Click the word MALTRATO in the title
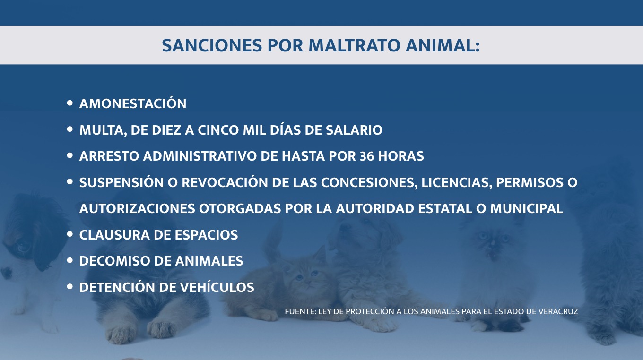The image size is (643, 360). [354, 45]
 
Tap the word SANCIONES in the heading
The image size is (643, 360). [212, 45]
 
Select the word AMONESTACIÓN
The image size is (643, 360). [133, 103]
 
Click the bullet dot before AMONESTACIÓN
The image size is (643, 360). [70, 103]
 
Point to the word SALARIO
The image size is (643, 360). [354, 130]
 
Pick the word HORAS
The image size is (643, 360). [401, 156]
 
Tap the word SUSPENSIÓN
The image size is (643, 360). [122, 182]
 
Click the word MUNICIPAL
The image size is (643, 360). [527, 208]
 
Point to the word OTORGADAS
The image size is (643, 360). [240, 208]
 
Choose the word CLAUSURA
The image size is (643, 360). [114, 235]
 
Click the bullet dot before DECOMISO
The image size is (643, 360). [70, 260]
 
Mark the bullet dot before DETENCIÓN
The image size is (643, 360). [70, 287]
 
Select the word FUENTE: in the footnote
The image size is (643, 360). [300, 311]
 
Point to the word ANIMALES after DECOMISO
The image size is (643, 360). [209, 261]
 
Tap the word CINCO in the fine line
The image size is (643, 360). [218, 130]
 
